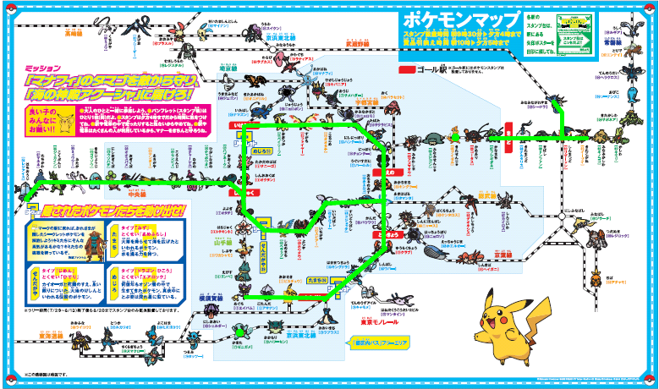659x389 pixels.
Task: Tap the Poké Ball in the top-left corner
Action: [x=10, y=11]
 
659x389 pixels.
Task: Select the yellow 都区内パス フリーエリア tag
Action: [x=375, y=343]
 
